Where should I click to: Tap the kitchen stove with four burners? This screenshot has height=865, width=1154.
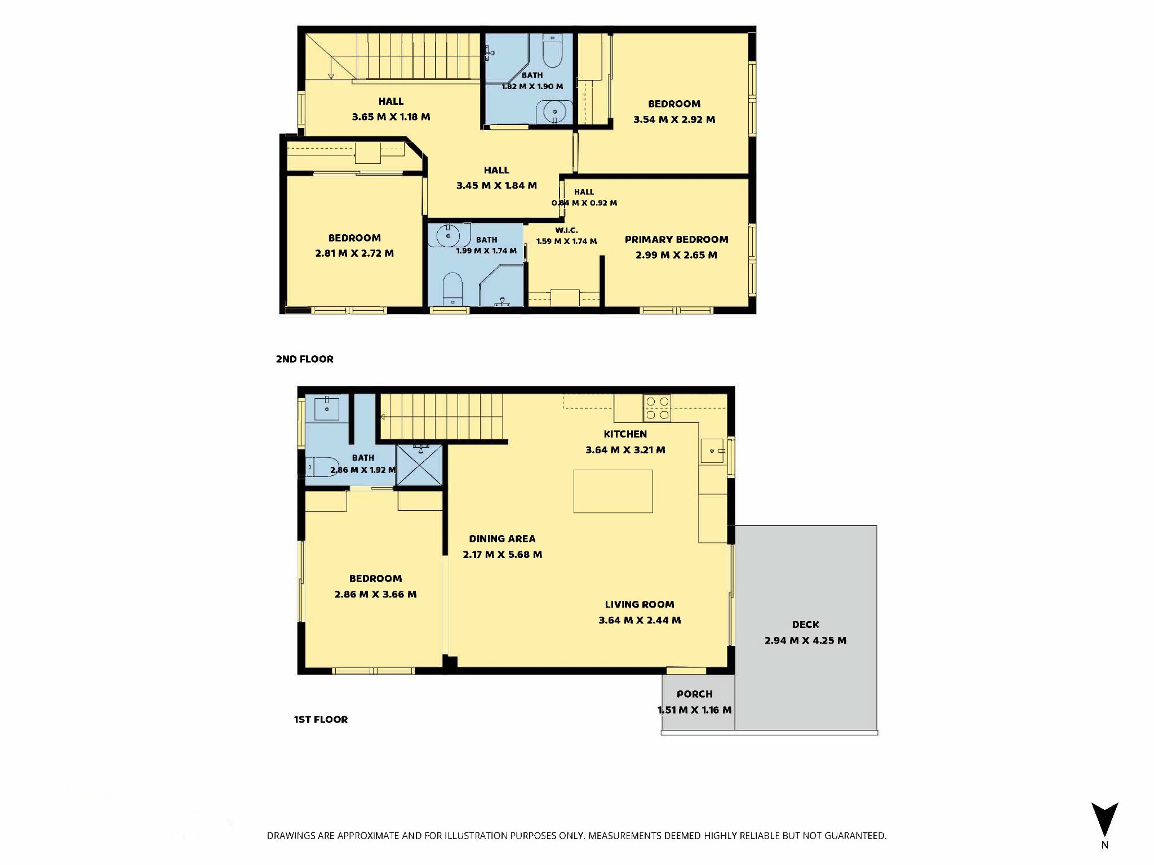tap(658, 408)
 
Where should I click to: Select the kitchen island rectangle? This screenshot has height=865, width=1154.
tap(613, 491)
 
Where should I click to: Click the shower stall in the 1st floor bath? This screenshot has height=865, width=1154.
tap(419, 465)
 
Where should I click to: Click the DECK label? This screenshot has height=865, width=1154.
tap(806, 625)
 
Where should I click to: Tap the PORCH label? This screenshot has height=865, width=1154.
tap(695, 694)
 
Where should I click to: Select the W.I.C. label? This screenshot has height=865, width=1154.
tap(566, 230)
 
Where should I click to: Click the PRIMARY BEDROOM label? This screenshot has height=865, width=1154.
tap(676, 239)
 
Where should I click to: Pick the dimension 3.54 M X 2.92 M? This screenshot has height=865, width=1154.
tap(674, 119)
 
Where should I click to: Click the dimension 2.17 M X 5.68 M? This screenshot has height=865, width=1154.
tap(503, 555)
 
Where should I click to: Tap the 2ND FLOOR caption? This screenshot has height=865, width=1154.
tap(304, 359)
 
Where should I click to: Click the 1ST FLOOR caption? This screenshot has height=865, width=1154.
tap(321, 720)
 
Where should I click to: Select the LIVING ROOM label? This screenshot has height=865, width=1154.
tap(640, 605)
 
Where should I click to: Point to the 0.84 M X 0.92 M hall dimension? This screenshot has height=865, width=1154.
tap(584, 203)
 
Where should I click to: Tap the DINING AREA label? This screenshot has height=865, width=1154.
tap(502, 539)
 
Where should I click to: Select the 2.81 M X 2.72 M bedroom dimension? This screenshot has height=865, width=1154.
tap(354, 253)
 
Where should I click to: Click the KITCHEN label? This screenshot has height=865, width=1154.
tap(625, 434)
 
